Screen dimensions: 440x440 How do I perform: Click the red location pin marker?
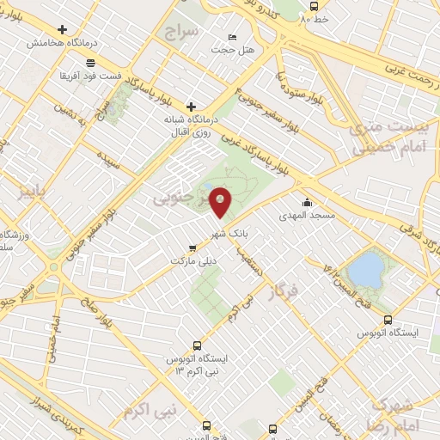pos(221,202)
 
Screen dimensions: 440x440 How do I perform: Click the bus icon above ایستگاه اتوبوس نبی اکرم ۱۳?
pos(198,340)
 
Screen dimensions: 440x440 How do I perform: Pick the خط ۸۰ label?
pos(324,17)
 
